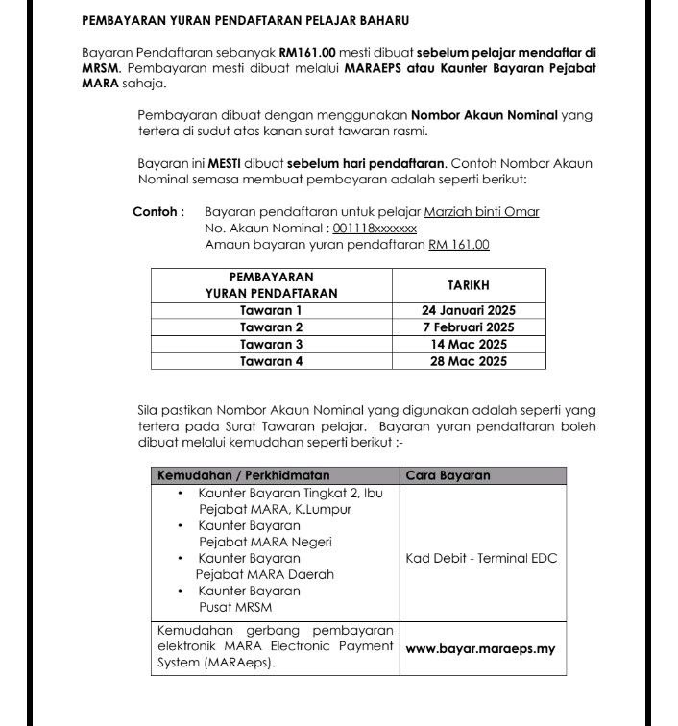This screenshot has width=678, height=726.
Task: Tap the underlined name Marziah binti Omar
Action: point(484,211)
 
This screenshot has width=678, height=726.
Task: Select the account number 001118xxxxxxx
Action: point(375,229)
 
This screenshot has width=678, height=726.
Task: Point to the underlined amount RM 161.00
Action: point(459,245)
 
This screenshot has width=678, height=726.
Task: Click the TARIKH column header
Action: point(469,285)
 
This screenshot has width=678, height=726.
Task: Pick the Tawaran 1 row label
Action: point(271,310)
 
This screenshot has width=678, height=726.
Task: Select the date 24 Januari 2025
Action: point(469,310)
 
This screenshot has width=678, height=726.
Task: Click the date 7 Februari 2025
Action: point(469,327)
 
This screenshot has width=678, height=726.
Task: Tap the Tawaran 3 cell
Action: point(271,344)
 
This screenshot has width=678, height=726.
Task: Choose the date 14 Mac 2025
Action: point(469,344)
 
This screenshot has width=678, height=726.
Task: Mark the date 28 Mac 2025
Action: point(469,361)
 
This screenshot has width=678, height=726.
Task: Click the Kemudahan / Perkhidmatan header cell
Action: point(243,475)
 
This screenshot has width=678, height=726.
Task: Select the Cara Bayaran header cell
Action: point(448,475)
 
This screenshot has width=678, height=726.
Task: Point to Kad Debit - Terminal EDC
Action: point(481,558)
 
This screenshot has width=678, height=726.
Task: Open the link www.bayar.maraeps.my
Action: point(481,648)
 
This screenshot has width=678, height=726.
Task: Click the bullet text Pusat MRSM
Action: point(234,608)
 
